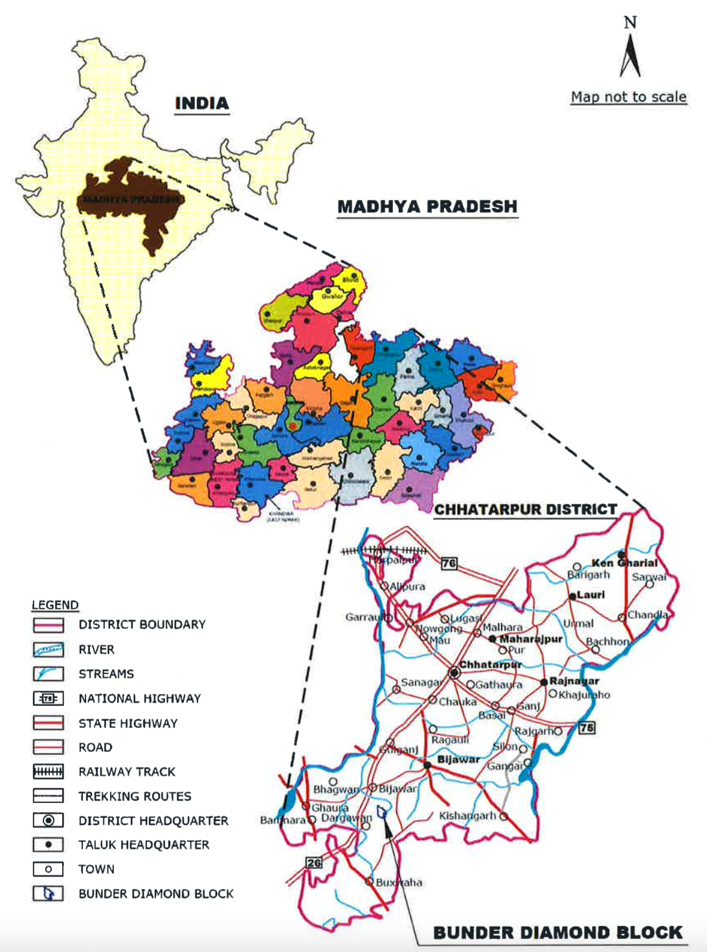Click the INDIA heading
[x=202, y=104]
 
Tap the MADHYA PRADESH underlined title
[x=427, y=207]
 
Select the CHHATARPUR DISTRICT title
[x=525, y=510]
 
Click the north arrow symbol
[x=630, y=55]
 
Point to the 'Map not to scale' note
[x=628, y=97]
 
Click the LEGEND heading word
[x=55, y=605]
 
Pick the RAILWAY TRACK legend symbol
[x=49, y=771]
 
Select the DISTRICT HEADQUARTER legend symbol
[x=49, y=821]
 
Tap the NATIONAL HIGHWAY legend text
[x=139, y=699]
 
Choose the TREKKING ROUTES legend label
[x=135, y=797]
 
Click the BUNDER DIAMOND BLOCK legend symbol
[x=49, y=894]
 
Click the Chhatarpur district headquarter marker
[x=454, y=673]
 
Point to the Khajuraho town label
[x=584, y=695]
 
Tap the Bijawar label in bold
[x=458, y=759]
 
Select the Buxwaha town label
[x=399, y=882]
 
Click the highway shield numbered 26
[x=314, y=863]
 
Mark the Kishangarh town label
[x=467, y=816]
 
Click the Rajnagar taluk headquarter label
[x=574, y=681]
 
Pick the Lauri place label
[x=590, y=595]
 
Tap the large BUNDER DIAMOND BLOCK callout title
[x=557, y=933]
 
